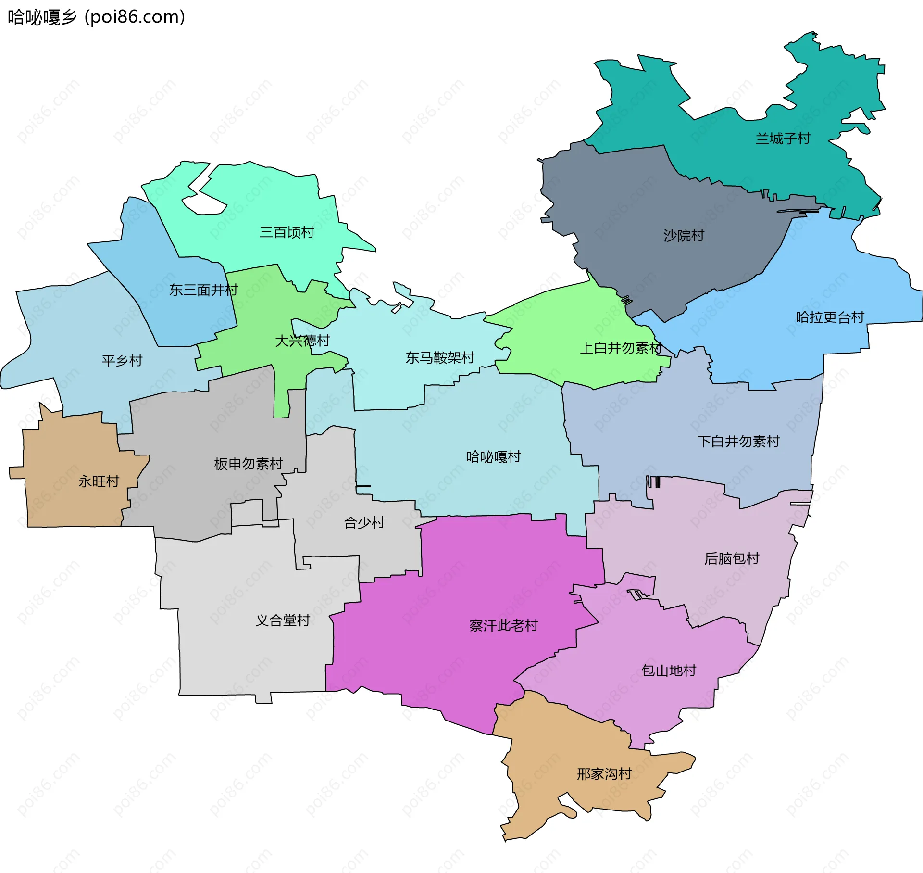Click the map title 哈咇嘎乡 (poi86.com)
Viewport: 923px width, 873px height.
point(96,17)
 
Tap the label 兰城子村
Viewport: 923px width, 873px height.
point(783,139)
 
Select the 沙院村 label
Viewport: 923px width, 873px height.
point(684,236)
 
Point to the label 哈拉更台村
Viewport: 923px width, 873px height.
point(830,317)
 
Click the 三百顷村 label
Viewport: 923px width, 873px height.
point(287,232)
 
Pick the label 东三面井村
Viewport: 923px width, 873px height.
point(203,290)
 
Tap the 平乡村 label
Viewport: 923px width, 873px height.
point(122,361)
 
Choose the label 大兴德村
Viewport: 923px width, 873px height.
point(302,341)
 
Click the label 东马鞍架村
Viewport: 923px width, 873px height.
point(440,358)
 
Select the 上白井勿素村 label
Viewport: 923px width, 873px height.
point(621,348)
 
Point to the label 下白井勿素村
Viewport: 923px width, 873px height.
point(738,442)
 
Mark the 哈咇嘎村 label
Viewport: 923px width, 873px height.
point(494,457)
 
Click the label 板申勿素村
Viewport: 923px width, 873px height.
point(249,464)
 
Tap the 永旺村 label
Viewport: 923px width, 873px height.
point(99,481)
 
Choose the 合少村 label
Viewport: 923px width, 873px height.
point(364,523)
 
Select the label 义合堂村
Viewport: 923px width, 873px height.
point(283,620)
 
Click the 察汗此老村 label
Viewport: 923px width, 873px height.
point(503,626)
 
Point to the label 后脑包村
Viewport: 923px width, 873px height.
point(732,559)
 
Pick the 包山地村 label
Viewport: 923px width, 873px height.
point(669,671)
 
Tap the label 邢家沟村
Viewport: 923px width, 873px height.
point(604,774)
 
